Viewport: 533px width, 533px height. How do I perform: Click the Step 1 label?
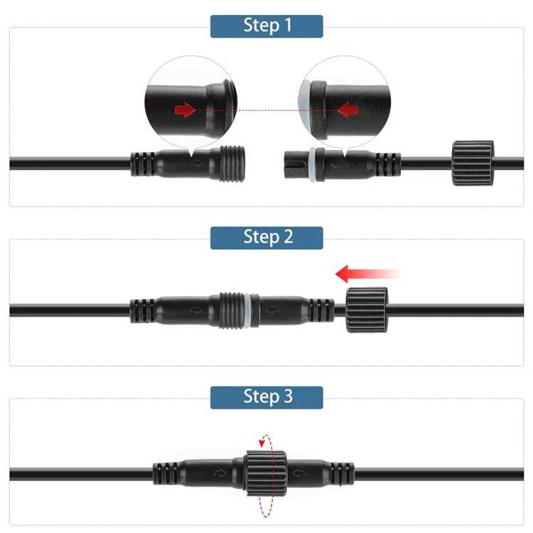tap(266, 26)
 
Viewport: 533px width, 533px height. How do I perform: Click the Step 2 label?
tap(266, 237)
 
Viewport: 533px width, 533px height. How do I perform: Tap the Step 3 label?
tap(266, 397)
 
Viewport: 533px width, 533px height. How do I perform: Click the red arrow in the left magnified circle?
tap(185, 110)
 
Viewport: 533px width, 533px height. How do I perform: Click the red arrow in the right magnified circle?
tap(348, 110)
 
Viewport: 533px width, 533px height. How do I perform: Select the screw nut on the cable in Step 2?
tap(367, 310)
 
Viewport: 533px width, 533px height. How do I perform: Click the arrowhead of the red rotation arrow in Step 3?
tap(262, 443)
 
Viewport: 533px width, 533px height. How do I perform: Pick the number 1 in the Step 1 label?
tap(287, 26)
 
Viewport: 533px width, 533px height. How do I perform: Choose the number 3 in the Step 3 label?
tap(287, 397)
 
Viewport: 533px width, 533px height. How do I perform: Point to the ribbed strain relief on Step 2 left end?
tap(140, 310)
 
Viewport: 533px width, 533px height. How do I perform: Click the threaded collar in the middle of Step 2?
tap(230, 310)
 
